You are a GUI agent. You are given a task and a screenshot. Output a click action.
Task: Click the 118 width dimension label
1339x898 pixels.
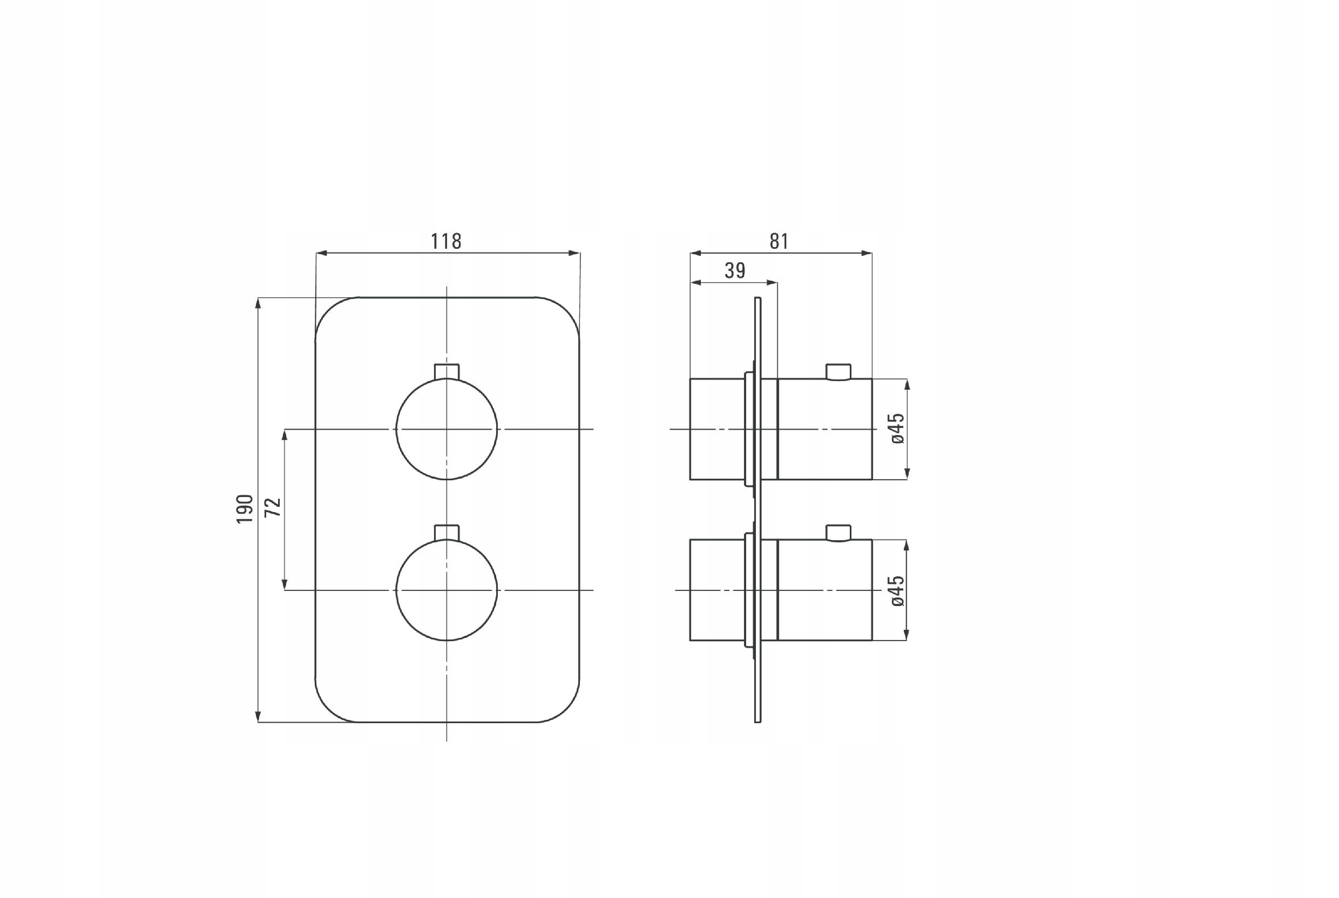446,241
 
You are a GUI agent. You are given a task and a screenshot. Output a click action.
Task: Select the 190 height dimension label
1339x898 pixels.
245,508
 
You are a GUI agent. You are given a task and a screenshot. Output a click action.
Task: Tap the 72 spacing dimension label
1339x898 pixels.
273,507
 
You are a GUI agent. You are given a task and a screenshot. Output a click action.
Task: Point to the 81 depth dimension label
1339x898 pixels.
779,241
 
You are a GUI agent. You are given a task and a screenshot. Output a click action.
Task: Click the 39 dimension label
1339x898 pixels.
735,270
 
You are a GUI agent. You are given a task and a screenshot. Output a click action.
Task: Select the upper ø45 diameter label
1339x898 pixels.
897,428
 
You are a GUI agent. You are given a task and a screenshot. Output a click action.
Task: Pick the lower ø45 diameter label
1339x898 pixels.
897,590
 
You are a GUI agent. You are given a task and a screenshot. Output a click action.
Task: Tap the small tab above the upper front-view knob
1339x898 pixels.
447,371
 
